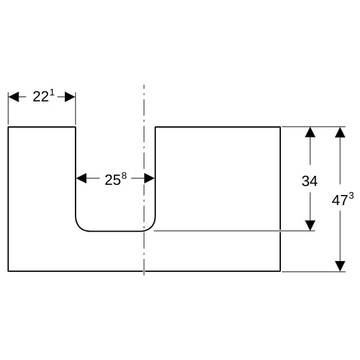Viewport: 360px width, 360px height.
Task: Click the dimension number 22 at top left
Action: (41, 97)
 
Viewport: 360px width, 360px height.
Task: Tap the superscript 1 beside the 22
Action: (52, 92)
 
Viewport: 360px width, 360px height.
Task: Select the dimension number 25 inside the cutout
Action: (113, 180)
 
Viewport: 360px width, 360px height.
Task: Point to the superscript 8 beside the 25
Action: (124, 176)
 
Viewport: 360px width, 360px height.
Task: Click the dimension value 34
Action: (310, 181)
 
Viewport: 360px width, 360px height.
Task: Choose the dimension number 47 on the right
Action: (340, 200)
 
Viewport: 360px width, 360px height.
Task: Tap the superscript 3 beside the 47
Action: (351, 196)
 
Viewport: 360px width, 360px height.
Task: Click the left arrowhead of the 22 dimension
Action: (14, 97)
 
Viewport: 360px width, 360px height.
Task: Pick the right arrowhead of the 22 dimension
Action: (70, 97)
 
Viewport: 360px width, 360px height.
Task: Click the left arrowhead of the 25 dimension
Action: (82, 178)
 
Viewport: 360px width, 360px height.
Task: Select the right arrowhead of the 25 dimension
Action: (149, 178)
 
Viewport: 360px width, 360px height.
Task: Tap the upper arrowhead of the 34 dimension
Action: (310, 132)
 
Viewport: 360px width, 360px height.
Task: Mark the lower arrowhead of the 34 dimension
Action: (310, 225)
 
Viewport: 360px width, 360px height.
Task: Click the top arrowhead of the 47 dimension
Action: (340, 133)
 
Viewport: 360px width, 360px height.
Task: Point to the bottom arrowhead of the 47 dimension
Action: (340, 266)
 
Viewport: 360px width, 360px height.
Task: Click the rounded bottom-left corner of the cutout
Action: (79, 227)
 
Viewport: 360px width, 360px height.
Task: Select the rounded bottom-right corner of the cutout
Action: (152, 227)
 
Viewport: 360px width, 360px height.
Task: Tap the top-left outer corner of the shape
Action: (8, 127)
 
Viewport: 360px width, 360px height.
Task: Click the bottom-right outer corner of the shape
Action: (280, 271)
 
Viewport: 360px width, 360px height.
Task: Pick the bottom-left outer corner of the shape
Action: (8, 271)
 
